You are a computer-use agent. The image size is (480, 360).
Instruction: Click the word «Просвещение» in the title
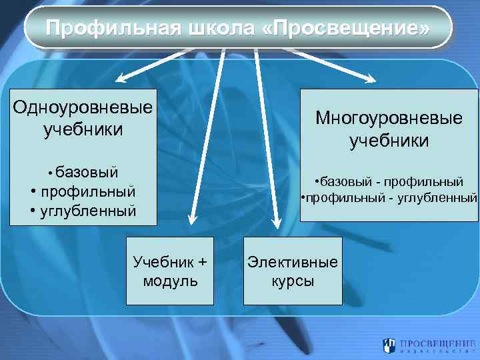[347, 29]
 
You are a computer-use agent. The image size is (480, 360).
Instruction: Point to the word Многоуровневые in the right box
[389, 119]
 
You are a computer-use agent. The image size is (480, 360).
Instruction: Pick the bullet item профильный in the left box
[88, 192]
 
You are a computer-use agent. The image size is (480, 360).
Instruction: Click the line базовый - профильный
[390, 181]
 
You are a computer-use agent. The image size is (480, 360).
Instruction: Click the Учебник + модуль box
[170, 271]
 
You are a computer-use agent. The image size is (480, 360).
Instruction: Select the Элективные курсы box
[293, 271]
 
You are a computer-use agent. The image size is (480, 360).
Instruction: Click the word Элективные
[293, 262]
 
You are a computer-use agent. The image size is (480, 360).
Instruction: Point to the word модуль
[170, 281]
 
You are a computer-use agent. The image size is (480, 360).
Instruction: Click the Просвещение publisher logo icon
[388, 345]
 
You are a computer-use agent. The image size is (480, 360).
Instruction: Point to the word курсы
[293, 281]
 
